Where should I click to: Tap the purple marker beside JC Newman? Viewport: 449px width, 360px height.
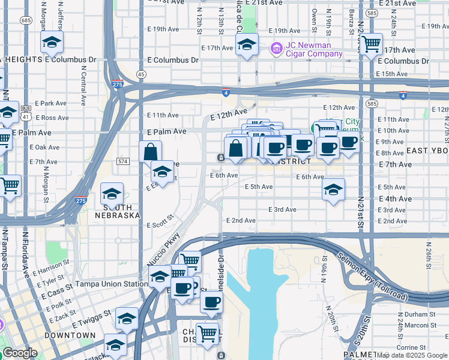pos(276,48)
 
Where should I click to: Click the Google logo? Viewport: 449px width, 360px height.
pos(20,353)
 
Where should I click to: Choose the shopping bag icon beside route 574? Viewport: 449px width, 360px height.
pos(150,152)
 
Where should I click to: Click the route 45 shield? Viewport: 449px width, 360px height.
pos(141,74)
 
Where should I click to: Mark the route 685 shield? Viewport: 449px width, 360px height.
pos(26,20)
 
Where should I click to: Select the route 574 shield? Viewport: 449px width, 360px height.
pos(123,162)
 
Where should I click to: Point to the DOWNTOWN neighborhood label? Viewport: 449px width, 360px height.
pos(70,335)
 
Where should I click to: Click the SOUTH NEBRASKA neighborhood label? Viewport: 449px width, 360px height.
pos(118,211)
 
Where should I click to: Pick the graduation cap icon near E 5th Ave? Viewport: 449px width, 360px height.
pos(333,190)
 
